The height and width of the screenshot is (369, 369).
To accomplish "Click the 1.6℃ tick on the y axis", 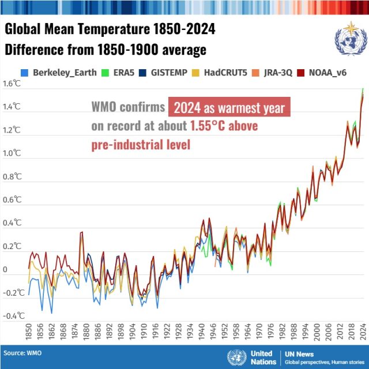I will [12, 84].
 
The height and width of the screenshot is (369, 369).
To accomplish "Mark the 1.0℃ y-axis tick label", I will [12, 153].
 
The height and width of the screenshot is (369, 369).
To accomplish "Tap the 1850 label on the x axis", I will [29, 333].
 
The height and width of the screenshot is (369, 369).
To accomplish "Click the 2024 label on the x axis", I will [362, 333].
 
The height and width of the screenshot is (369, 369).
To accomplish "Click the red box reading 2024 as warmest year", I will [229, 108].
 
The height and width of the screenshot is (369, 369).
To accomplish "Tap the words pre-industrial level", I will [140, 144].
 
